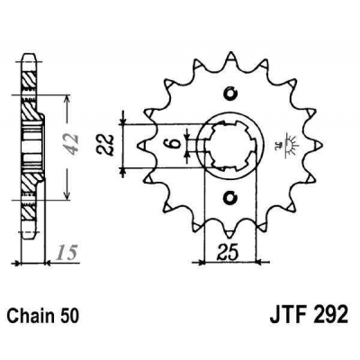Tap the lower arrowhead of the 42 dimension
pyautogui.click(x=67, y=195)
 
